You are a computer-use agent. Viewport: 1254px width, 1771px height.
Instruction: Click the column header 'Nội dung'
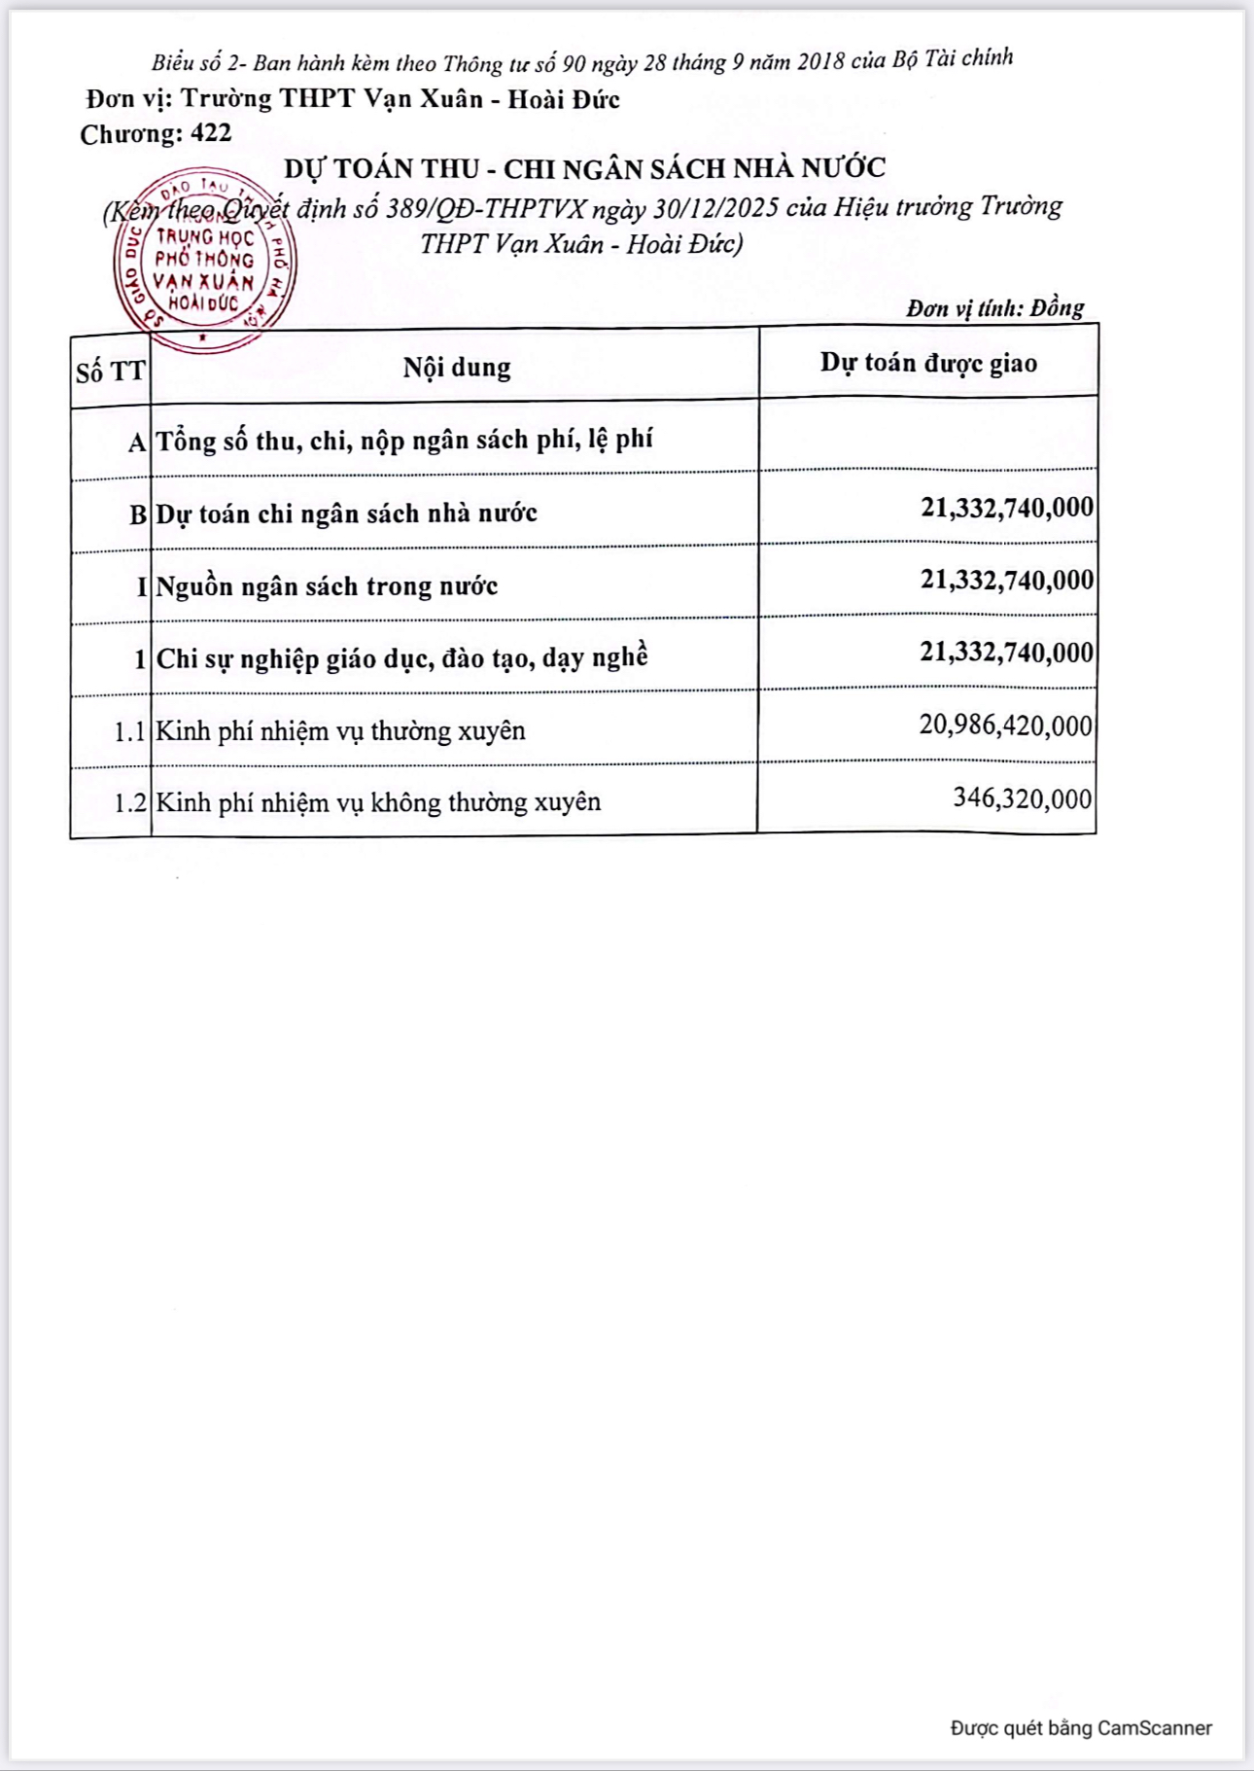click(x=457, y=368)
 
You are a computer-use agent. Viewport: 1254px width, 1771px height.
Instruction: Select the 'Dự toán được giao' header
click(x=928, y=363)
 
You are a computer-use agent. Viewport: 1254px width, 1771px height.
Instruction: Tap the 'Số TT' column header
click(x=111, y=372)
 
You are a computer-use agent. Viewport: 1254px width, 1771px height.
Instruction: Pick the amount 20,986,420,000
click(x=1005, y=726)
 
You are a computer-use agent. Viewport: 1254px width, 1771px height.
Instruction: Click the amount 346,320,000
click(x=1022, y=798)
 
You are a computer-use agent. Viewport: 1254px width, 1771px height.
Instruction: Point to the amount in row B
click(x=1007, y=508)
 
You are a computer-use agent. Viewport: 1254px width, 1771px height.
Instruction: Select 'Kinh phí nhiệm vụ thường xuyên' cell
click(x=341, y=730)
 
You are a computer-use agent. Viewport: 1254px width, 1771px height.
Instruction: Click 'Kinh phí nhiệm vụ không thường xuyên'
click(x=378, y=802)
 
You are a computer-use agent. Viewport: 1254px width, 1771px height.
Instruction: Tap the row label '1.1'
click(x=130, y=731)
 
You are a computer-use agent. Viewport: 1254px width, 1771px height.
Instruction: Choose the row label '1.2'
click(x=130, y=803)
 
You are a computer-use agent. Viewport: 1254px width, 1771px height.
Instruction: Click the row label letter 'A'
click(x=137, y=443)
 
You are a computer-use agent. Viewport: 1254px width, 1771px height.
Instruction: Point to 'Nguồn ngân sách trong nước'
click(x=327, y=586)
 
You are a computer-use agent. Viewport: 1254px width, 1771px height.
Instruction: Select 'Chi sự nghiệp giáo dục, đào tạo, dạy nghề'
click(x=401, y=658)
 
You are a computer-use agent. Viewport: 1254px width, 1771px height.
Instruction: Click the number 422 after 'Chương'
click(x=211, y=133)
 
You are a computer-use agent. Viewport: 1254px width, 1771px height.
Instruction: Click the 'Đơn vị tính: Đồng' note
click(x=994, y=308)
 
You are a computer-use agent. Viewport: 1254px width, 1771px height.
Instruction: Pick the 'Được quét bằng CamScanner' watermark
click(x=1081, y=1728)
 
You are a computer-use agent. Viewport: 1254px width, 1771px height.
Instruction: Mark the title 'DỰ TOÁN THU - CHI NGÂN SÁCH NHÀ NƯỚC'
click(x=584, y=169)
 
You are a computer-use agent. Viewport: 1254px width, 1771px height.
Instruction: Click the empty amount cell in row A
click(x=927, y=436)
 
